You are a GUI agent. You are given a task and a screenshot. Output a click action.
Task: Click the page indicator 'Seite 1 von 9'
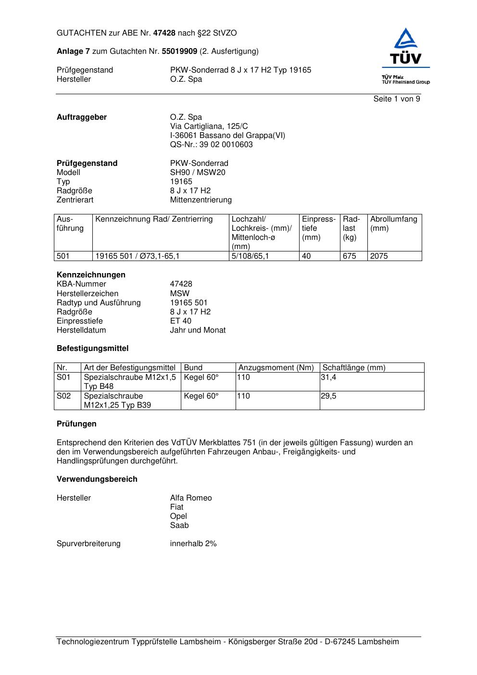397,99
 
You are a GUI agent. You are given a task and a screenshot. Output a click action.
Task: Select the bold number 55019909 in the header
179,51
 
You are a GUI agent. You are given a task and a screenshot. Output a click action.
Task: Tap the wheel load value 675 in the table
349,256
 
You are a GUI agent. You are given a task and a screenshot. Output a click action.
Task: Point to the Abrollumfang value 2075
379,256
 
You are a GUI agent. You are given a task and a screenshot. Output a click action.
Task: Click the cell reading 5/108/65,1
250,256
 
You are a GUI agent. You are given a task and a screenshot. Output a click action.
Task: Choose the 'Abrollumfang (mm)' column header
393,224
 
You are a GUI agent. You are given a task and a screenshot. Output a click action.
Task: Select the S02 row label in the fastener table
63,396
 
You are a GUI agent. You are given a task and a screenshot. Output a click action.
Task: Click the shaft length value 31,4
328,377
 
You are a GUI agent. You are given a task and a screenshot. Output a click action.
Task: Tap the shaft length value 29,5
328,396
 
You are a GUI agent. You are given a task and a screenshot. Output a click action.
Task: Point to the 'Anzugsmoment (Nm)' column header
276,368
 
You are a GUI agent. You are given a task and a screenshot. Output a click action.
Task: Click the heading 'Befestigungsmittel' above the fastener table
92,349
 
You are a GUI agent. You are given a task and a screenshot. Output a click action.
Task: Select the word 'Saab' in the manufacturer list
179,525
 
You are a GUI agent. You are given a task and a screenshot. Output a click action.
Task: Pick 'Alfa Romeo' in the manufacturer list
191,498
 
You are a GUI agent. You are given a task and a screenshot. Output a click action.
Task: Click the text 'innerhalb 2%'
193,544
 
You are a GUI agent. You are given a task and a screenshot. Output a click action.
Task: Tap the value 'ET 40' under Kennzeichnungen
180,321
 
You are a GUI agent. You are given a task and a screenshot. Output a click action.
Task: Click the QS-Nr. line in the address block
211,145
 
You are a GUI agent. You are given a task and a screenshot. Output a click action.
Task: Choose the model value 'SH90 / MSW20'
198,173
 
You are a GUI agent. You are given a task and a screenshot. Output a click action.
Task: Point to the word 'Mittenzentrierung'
201,200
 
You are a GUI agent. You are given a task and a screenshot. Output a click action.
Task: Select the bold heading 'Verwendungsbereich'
97,479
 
